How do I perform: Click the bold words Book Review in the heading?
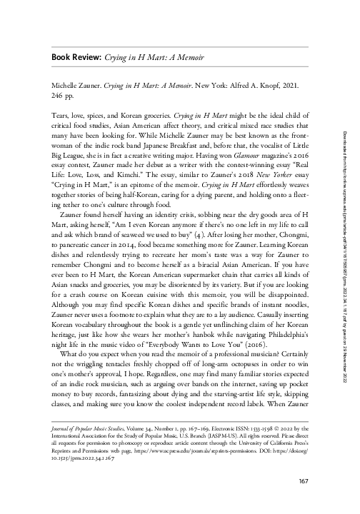pyautogui.click(x=74, y=56)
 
